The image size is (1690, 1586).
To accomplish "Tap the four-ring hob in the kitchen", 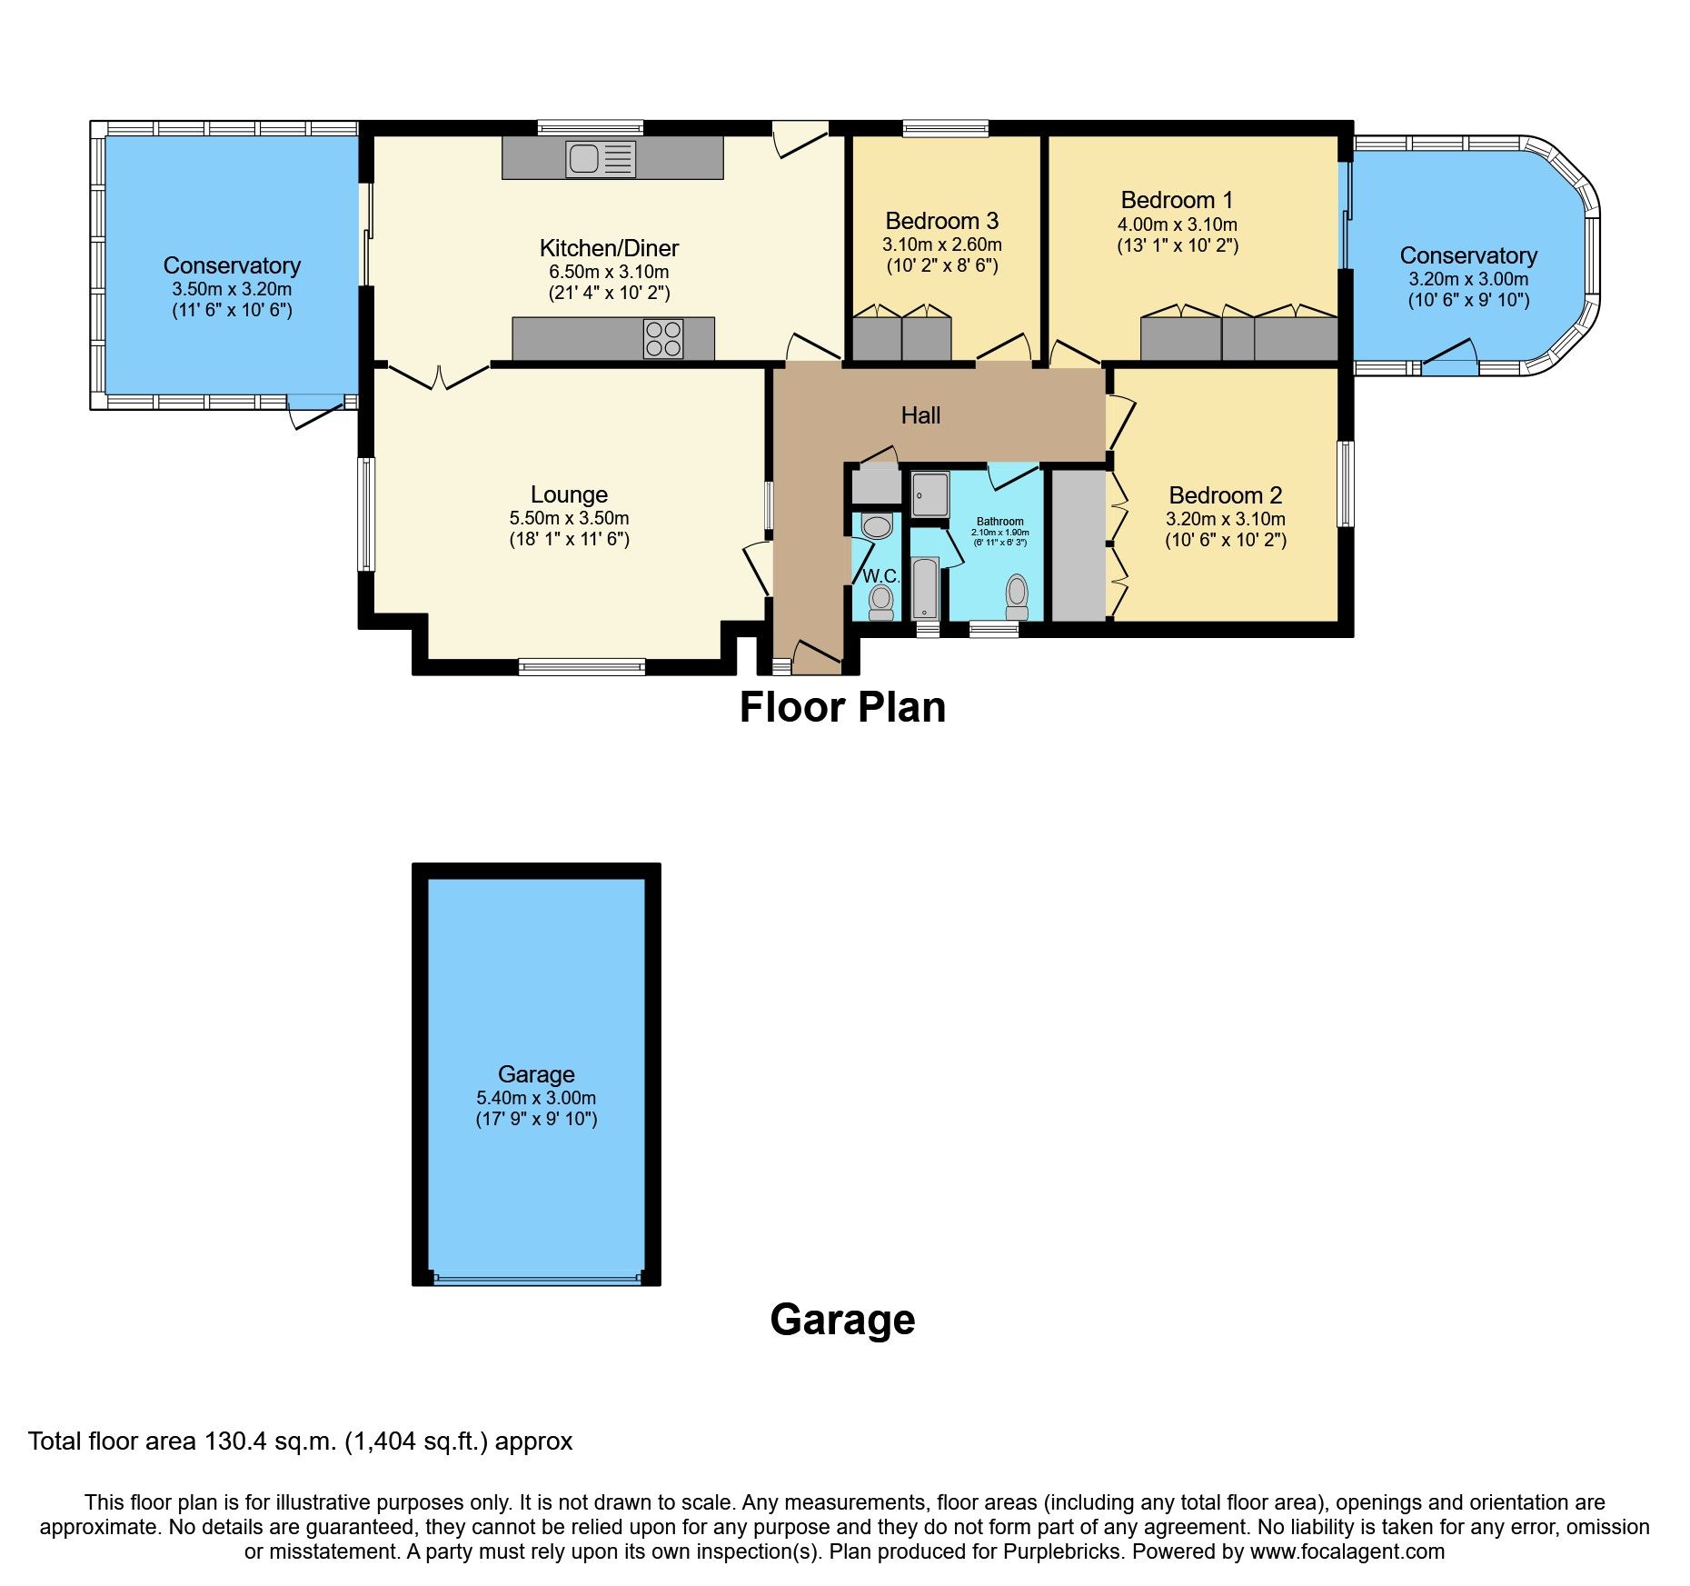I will pyautogui.click(x=662, y=339).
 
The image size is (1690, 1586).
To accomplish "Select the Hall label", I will pyautogui.click(x=920, y=415).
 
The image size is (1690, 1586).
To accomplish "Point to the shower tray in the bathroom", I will pyautogui.click(x=929, y=494).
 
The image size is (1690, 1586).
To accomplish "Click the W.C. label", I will pyautogui.click(x=880, y=576).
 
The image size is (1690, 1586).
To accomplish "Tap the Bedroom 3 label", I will pyautogui.click(x=941, y=221).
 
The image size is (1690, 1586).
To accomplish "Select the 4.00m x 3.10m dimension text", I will pyautogui.click(x=1177, y=224).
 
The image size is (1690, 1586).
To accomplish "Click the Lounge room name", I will pyautogui.click(x=569, y=494).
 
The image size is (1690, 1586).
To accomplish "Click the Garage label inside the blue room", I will pyautogui.click(x=536, y=1074).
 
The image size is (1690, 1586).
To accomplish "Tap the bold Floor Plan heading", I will pyautogui.click(x=842, y=707).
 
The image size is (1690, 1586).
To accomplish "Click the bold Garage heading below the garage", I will pyautogui.click(x=842, y=1319).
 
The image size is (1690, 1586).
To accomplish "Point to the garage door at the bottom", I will pyautogui.click(x=536, y=1279).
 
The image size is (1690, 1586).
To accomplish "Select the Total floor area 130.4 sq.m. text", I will pyautogui.click(x=300, y=1441).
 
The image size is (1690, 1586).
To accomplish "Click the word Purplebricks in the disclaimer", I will pyautogui.click(x=1062, y=1551).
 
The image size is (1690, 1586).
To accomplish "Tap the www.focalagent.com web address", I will pyautogui.click(x=1347, y=1551).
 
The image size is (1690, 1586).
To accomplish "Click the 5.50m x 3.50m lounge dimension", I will pyautogui.click(x=569, y=518).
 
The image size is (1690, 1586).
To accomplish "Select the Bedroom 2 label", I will pyautogui.click(x=1225, y=495).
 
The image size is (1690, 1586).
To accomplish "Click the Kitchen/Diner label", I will pyautogui.click(x=609, y=248).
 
